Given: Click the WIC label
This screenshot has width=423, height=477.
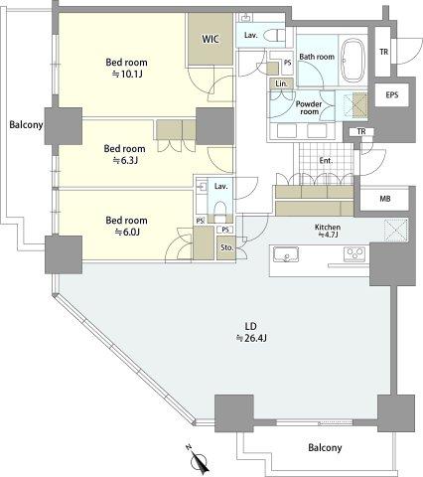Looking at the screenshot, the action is tap(211, 39).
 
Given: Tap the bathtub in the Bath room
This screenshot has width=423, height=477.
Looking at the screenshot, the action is tap(353, 61).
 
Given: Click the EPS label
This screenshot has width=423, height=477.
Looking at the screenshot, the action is tap(392, 95).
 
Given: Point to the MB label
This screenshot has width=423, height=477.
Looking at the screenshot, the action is tap(385, 199).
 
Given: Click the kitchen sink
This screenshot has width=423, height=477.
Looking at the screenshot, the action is tap(286, 255).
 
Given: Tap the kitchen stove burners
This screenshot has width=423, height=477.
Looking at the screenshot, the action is tap(354, 254).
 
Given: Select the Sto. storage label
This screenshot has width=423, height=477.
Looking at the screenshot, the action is tap(227, 247).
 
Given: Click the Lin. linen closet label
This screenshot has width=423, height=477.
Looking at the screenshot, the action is tap(281, 83).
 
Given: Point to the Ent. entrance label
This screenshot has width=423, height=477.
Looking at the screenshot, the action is tap(326, 161).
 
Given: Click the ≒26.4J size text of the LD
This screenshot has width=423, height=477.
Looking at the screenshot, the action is tap(251, 338).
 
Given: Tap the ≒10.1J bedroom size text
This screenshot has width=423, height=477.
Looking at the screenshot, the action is tap(127, 74).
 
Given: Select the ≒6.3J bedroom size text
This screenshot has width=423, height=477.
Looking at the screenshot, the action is tap(125, 161).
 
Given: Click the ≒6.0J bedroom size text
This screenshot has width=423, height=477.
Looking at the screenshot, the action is tap(127, 233).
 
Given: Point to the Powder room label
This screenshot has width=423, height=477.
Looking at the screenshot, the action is tap(309, 107).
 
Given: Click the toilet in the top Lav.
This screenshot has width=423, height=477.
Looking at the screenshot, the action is tap(275, 35).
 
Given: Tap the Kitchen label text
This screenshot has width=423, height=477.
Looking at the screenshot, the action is tap(328, 228).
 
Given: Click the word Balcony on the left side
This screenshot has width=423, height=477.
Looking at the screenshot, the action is tap(26, 125).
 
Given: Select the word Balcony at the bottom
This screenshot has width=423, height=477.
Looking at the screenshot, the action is tap(325, 448).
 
